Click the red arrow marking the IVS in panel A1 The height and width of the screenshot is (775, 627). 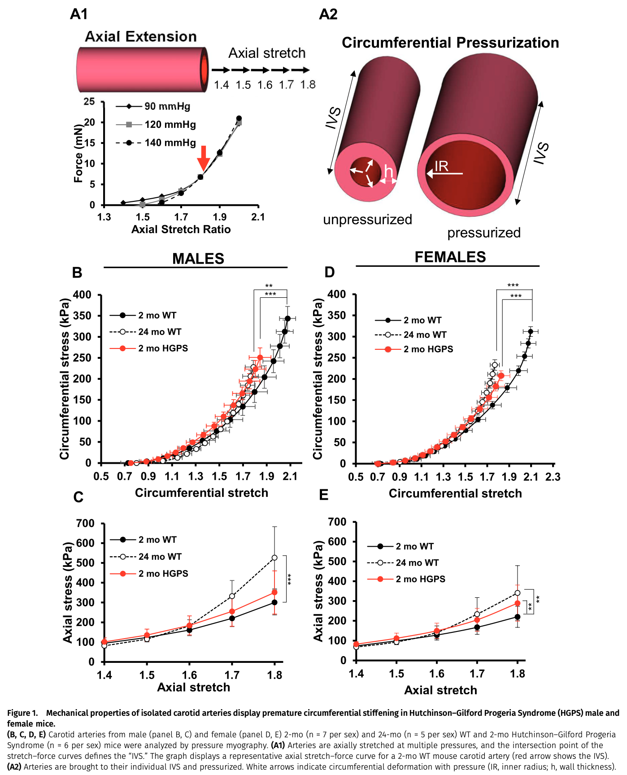(x=204, y=158)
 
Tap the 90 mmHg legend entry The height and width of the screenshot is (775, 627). (x=167, y=106)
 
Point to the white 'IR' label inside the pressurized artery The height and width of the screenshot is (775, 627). (x=441, y=166)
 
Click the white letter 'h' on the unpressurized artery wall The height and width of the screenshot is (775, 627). (x=388, y=172)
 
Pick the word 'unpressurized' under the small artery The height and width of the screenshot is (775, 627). (x=367, y=219)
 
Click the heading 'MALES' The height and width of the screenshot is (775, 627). (x=198, y=259)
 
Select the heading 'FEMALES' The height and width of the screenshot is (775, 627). (x=450, y=257)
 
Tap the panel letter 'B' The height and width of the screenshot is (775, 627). (x=77, y=273)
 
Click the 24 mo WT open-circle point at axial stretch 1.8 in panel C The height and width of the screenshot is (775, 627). (x=274, y=558)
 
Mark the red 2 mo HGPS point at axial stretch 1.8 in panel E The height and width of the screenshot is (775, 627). (x=517, y=603)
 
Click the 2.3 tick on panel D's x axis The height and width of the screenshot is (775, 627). (x=553, y=477)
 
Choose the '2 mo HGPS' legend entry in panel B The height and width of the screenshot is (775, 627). (x=163, y=348)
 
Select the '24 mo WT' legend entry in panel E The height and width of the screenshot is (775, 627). (x=417, y=562)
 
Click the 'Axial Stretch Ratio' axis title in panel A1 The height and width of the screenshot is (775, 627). (x=181, y=230)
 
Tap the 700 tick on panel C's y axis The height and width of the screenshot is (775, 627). (x=85, y=523)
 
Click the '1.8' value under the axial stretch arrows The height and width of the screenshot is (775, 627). (x=308, y=85)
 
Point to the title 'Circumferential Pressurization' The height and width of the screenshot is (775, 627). (x=450, y=43)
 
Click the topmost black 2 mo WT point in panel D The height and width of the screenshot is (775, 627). (x=531, y=332)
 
